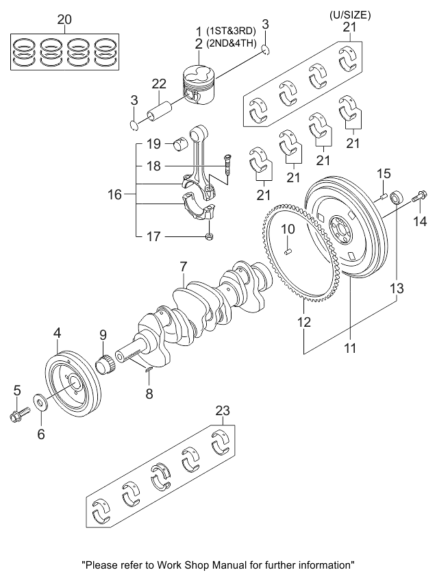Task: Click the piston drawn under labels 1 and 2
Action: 199,85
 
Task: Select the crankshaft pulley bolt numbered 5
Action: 18,415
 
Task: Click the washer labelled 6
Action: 40,402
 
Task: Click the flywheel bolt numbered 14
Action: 420,197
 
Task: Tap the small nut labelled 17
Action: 209,236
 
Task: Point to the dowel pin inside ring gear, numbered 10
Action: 288,252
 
